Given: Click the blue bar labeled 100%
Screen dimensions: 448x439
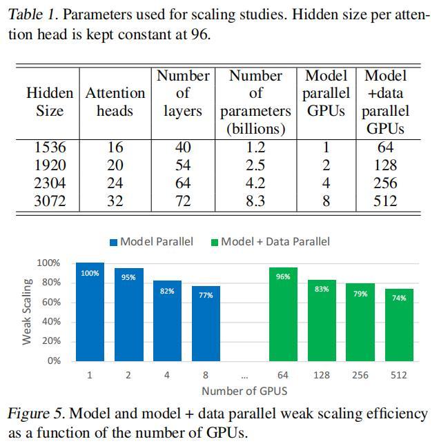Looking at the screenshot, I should (90, 312).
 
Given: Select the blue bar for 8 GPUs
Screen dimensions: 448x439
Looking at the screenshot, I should (206, 323).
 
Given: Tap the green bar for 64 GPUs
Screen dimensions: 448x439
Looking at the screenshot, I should (282, 314).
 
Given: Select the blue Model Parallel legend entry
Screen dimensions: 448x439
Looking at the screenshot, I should (151, 241).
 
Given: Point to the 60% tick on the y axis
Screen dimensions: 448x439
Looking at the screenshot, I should (48, 303).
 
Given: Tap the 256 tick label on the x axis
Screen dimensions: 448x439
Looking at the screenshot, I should (360, 376).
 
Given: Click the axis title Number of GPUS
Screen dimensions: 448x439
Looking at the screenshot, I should (244, 391).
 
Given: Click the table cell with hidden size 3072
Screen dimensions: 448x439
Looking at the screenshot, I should (49, 201).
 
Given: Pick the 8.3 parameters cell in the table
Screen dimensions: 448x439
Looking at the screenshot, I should (255, 201).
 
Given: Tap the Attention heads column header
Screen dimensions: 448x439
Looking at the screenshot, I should (115, 101).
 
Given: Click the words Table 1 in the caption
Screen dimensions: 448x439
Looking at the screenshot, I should (31, 14).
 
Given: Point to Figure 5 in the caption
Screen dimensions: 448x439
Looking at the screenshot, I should (36, 415).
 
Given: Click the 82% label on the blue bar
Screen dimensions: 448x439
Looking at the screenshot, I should (167, 291).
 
